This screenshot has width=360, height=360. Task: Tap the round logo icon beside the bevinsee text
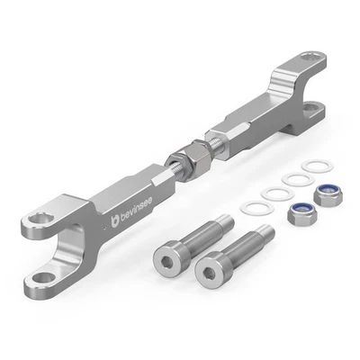point(114,218)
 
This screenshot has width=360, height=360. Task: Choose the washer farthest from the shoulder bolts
point(314,167)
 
